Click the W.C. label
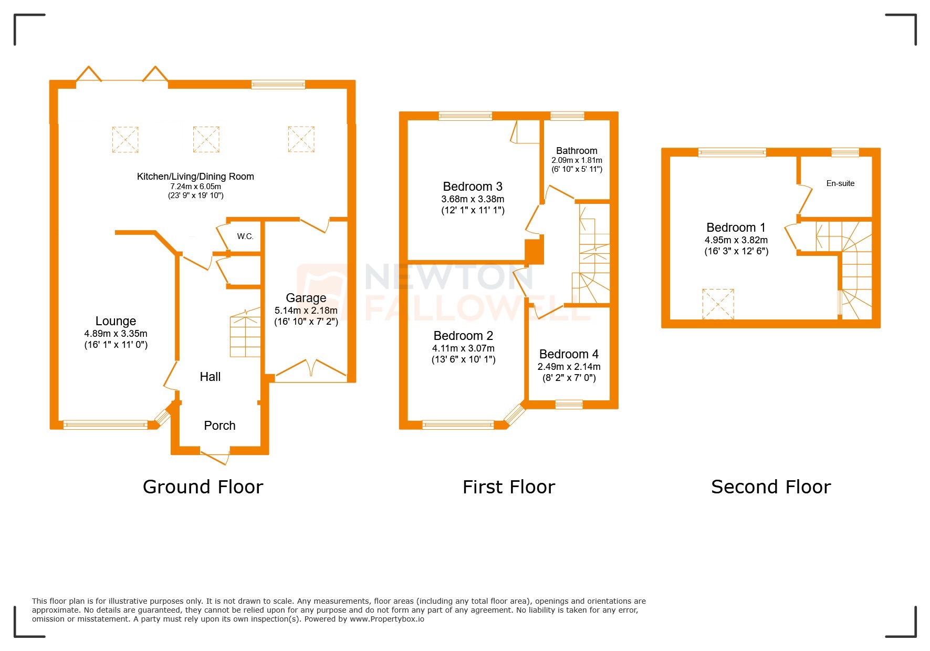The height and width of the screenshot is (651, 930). click(245, 236)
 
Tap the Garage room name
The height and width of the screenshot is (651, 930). click(306, 298)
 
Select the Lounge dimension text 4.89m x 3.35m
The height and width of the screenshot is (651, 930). click(116, 334)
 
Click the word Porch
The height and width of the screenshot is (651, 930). click(220, 426)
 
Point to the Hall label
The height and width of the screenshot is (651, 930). click(210, 377)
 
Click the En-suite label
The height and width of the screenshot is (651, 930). click(840, 183)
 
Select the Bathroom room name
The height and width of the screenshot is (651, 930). click(577, 151)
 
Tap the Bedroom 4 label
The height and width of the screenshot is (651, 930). click(569, 354)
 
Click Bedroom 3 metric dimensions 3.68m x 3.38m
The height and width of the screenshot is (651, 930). click(473, 199)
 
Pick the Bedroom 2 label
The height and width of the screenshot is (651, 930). click(463, 336)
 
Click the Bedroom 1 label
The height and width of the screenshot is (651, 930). click(736, 228)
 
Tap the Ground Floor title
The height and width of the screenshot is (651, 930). click(203, 487)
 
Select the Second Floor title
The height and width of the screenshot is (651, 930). click(770, 487)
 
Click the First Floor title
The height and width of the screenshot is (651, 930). click(508, 487)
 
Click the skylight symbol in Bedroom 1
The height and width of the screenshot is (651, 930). click(718, 304)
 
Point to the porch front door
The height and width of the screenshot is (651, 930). click(215, 456)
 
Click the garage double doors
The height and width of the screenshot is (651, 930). click(311, 369)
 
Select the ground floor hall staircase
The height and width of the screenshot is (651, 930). click(245, 334)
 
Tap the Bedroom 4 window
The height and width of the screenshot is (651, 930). click(569, 404)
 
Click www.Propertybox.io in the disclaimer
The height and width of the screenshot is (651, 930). click(387, 619)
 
